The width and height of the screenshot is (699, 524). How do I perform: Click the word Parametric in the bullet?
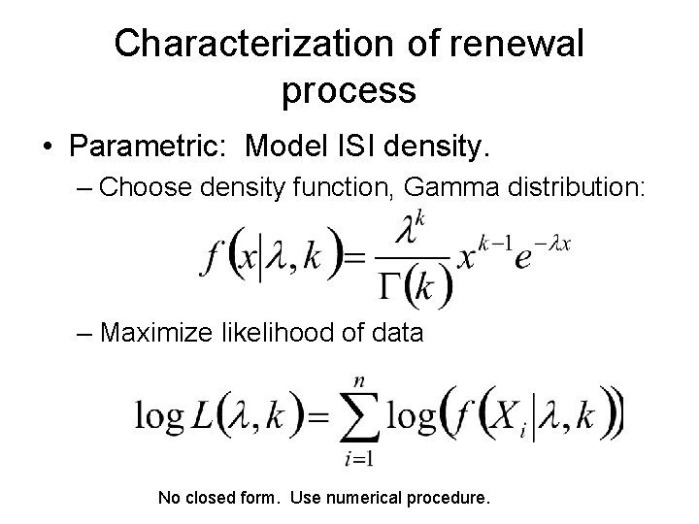coord(150,147)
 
